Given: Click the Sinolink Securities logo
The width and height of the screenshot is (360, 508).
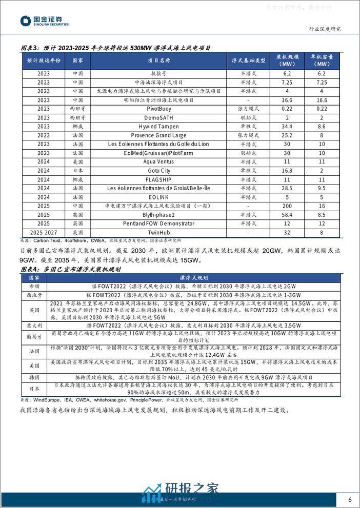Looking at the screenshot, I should [44, 21].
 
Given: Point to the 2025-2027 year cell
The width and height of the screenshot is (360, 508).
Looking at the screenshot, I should [44, 232].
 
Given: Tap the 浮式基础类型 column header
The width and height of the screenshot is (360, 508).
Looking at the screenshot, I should [249, 60].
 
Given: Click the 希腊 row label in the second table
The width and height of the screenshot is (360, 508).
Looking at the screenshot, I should [34, 286].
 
